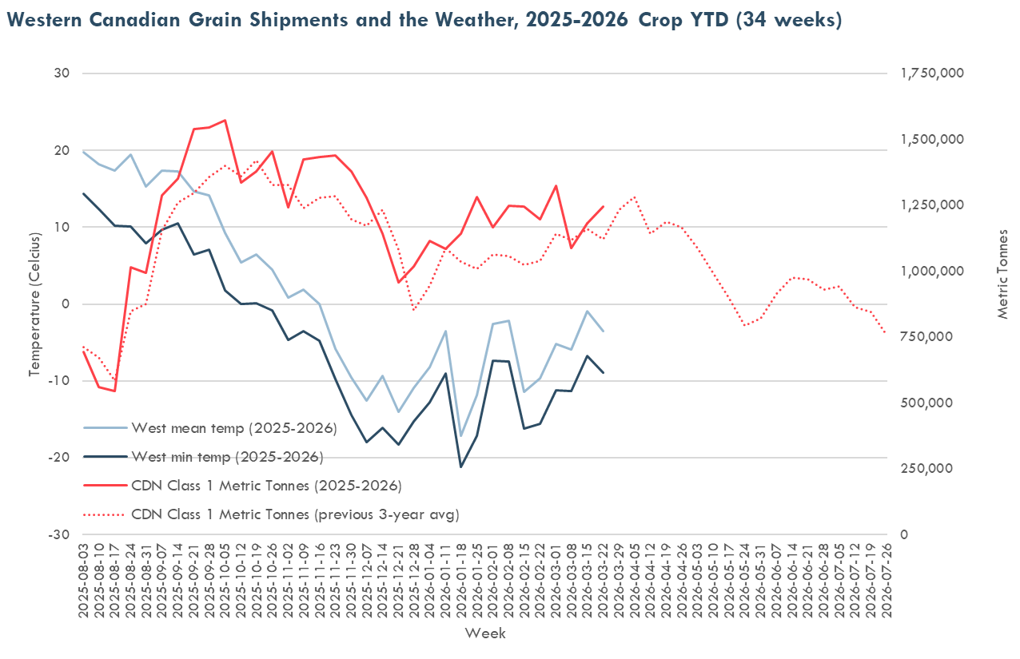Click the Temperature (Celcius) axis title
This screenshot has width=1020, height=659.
34,304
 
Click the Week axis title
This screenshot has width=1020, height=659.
484,633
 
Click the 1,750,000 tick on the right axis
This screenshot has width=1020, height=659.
932,73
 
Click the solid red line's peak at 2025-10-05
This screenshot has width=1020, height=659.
225,121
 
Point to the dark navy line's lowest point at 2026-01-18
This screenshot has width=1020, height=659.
461,466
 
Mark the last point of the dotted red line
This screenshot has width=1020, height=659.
886,333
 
